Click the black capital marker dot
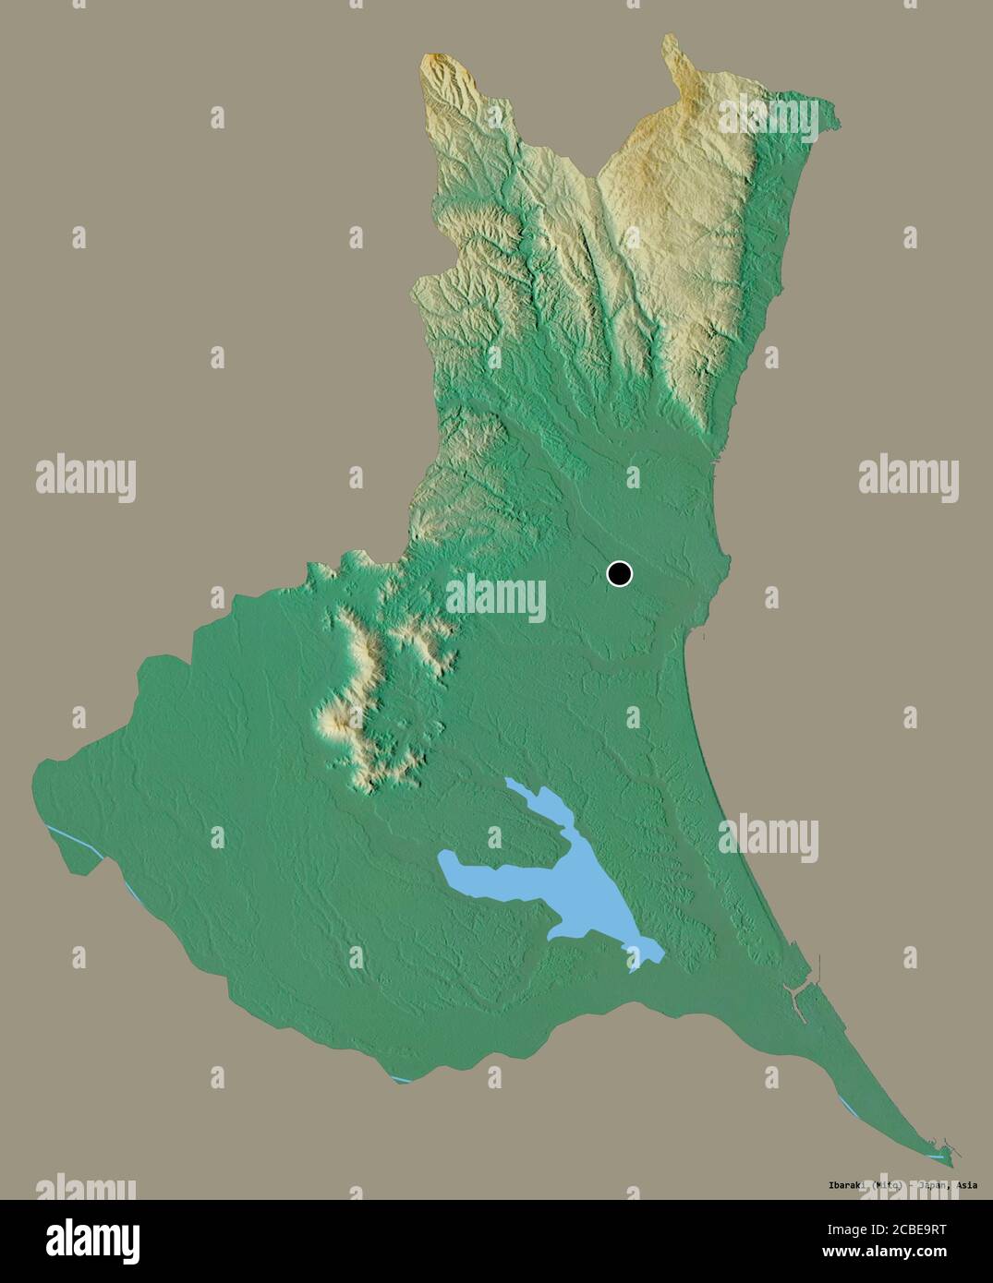pyautogui.click(x=619, y=574)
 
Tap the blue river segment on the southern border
pyautogui.click(x=400, y=1079)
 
